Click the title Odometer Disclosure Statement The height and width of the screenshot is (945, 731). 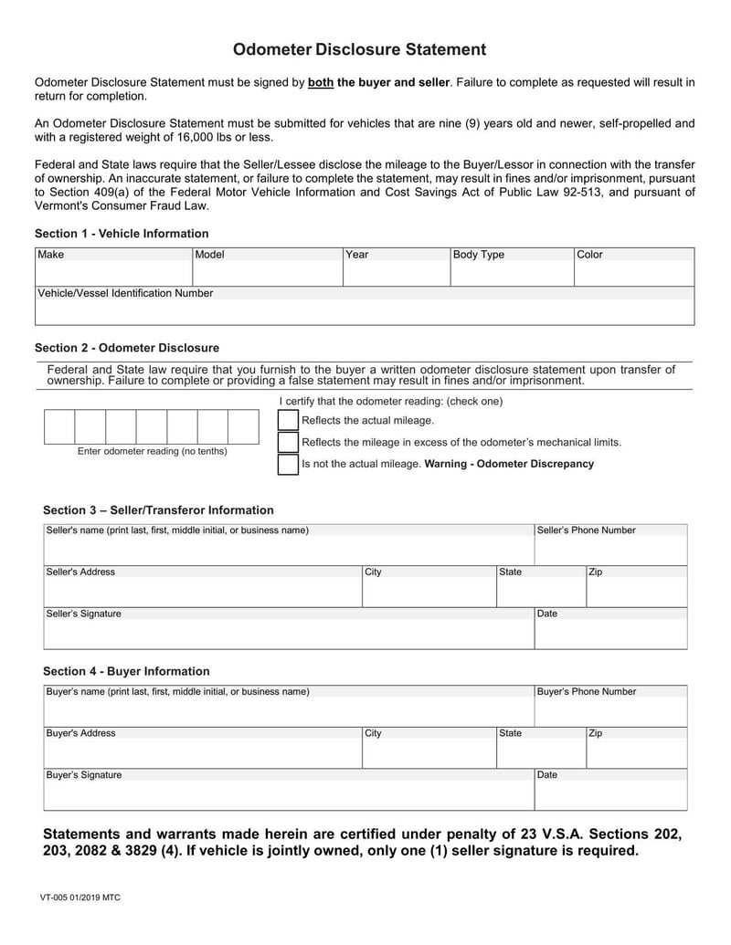[x=359, y=49]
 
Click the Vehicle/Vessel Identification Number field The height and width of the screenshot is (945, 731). [x=365, y=312]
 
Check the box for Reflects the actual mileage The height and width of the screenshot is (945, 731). [x=289, y=421]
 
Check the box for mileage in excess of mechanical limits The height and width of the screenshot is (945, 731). [x=289, y=443]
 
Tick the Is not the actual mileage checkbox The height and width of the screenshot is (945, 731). [x=289, y=465]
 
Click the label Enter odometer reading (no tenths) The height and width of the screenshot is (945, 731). [x=153, y=451]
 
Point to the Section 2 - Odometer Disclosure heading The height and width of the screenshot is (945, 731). [x=127, y=348]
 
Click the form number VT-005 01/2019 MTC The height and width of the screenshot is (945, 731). [x=79, y=898]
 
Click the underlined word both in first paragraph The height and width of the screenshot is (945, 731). [x=321, y=82]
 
